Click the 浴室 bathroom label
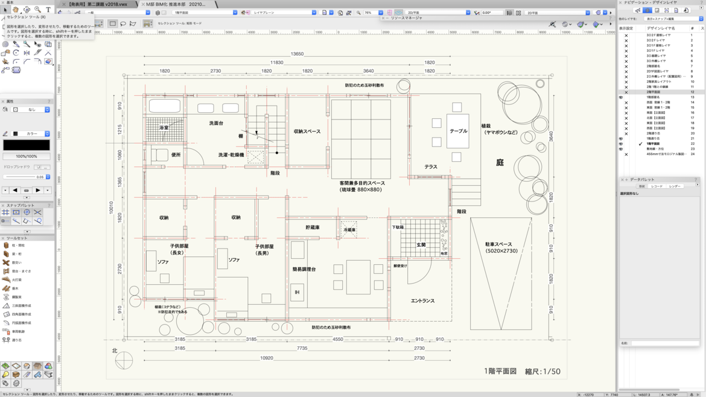(x=164, y=128)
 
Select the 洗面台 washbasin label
(x=216, y=123)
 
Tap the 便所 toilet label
(x=176, y=155)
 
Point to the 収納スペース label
(x=307, y=132)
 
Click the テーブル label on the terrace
(x=458, y=131)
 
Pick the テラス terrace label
(x=430, y=167)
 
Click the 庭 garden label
(x=500, y=162)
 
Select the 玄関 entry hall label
(x=421, y=245)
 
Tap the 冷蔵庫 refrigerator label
(x=349, y=230)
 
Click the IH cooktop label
(x=297, y=292)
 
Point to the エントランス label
(x=422, y=300)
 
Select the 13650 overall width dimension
(x=297, y=54)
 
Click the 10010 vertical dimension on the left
(x=111, y=208)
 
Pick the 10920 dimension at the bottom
(x=266, y=358)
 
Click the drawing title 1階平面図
(x=500, y=371)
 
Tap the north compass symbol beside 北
(x=124, y=361)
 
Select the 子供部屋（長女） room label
(x=179, y=249)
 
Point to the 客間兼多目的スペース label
(x=362, y=186)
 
